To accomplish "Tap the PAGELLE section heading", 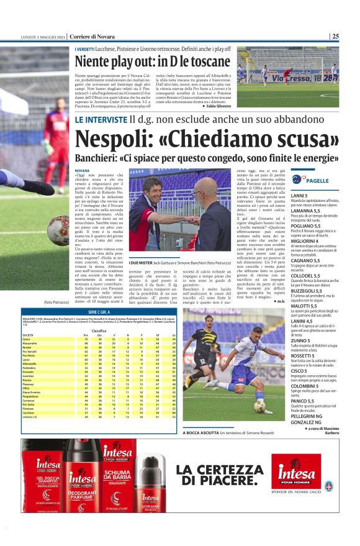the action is point(317,181).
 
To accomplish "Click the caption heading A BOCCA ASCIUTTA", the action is point(200,433).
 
